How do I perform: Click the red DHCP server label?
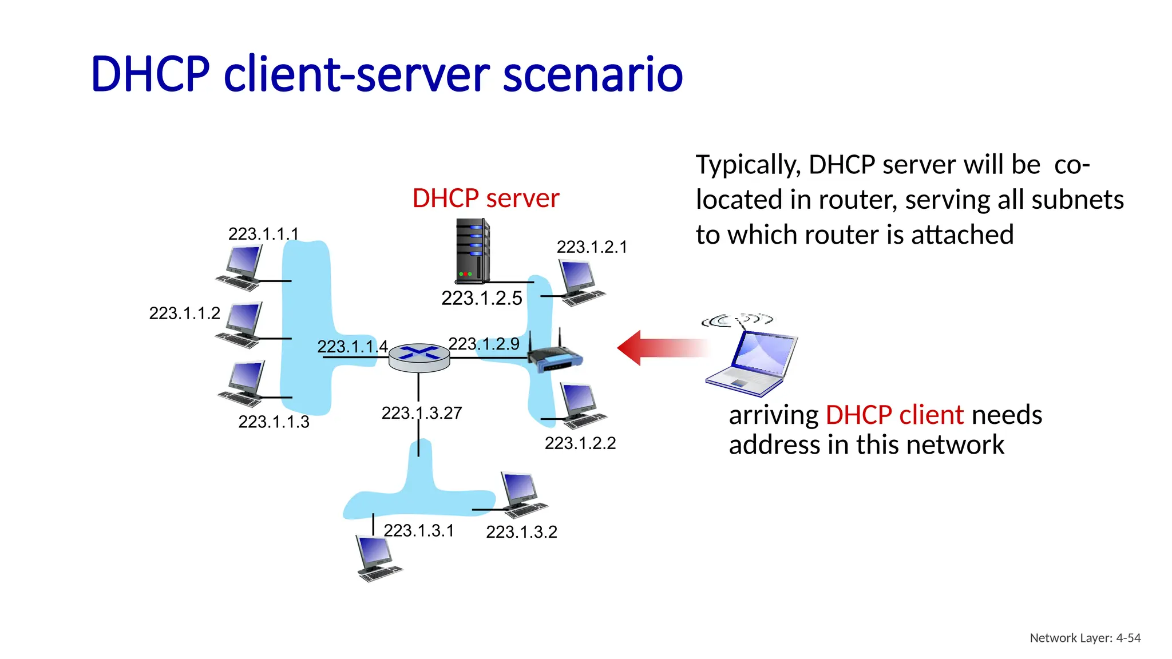tap(485, 199)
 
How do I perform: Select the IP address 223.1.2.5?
tap(481, 298)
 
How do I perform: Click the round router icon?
tap(419, 358)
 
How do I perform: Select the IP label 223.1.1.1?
tap(263, 234)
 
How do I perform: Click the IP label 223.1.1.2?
tap(184, 313)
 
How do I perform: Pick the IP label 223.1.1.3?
tap(274, 422)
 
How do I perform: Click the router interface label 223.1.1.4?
tap(352, 347)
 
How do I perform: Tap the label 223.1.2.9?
tap(484, 344)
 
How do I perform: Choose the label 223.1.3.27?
tap(422, 413)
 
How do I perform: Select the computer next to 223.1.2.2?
tap(581, 406)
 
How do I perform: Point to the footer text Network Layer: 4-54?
tap(1085, 638)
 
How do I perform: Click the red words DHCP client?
tap(894, 415)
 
